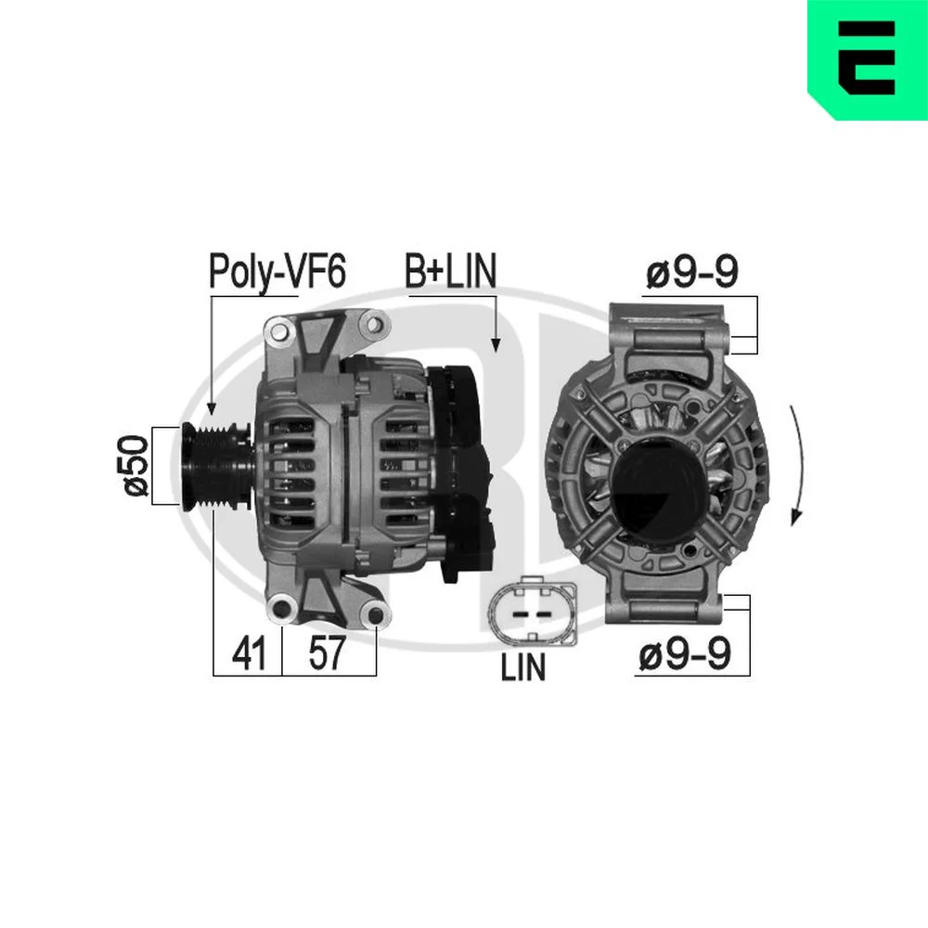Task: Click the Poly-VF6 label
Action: [x=277, y=272]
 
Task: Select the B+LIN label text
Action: [x=450, y=271]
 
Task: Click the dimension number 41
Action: [x=249, y=653]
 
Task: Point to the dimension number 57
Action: [x=326, y=652]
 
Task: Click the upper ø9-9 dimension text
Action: [x=692, y=272]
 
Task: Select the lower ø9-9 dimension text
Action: [x=685, y=654]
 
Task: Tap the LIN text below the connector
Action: [x=523, y=667]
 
